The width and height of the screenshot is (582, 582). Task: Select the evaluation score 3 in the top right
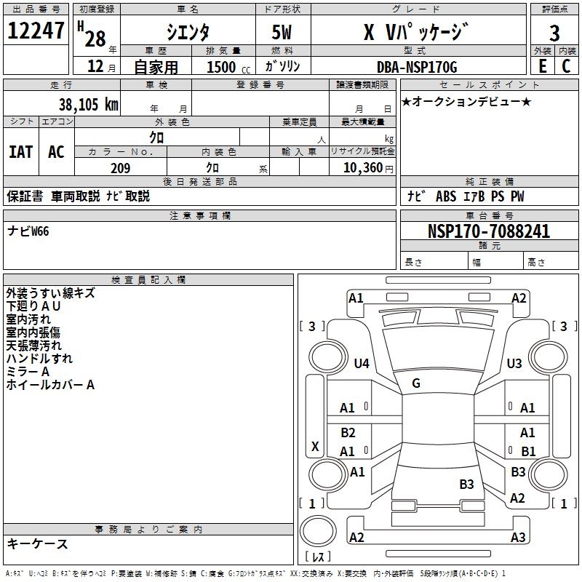(x=554, y=33)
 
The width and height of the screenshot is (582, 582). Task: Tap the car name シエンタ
(x=188, y=32)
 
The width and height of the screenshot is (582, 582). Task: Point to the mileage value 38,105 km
(x=88, y=105)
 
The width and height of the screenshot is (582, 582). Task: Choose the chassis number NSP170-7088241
(x=488, y=231)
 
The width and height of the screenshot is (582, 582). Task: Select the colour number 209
(x=120, y=168)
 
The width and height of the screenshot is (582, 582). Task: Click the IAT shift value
(x=20, y=152)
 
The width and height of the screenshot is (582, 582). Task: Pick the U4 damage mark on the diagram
(x=362, y=363)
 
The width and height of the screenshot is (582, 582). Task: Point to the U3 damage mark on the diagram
(x=514, y=363)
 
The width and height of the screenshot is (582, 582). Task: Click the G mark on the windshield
(x=416, y=383)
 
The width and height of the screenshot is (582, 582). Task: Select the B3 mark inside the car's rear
(x=466, y=484)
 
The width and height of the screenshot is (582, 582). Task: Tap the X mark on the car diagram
(x=315, y=446)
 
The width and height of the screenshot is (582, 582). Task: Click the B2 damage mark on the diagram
(x=348, y=433)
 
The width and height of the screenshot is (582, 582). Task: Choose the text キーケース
(x=37, y=543)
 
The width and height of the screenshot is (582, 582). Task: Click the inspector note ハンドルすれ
(x=39, y=359)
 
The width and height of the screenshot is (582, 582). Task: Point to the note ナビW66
(x=28, y=231)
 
